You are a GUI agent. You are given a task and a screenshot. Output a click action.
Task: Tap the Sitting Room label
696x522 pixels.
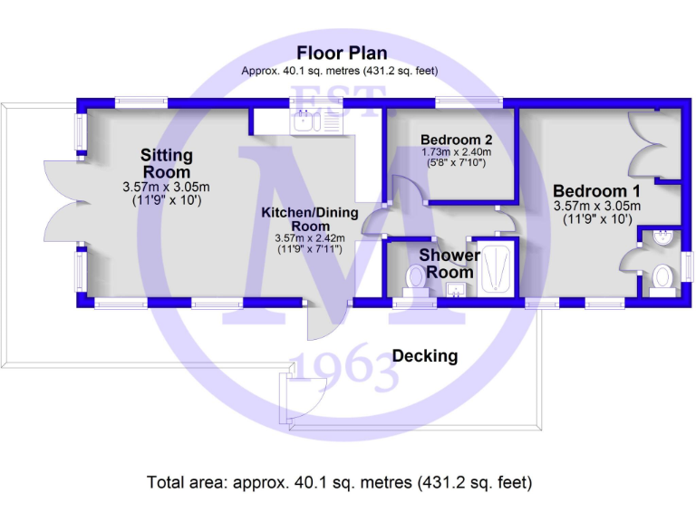click(x=166, y=163)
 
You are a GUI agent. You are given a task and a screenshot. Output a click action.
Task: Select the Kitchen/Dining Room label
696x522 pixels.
click(x=310, y=219)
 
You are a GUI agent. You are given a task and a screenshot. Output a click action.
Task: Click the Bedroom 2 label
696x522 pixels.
click(x=456, y=140)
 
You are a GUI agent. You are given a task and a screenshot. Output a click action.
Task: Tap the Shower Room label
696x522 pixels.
click(x=449, y=264)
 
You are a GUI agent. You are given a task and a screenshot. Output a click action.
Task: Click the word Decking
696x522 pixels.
click(x=425, y=356)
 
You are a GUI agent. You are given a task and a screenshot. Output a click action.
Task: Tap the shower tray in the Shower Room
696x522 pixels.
click(x=496, y=267)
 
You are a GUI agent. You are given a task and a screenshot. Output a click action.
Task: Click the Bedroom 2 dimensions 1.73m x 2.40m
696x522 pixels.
click(x=456, y=153)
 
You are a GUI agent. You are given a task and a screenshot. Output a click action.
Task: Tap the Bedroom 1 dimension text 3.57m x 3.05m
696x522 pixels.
click(x=596, y=206)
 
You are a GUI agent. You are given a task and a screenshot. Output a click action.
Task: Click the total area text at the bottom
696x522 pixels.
click(x=340, y=482)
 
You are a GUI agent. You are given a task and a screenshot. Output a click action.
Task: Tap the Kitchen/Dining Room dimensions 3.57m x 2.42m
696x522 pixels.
click(x=309, y=238)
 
